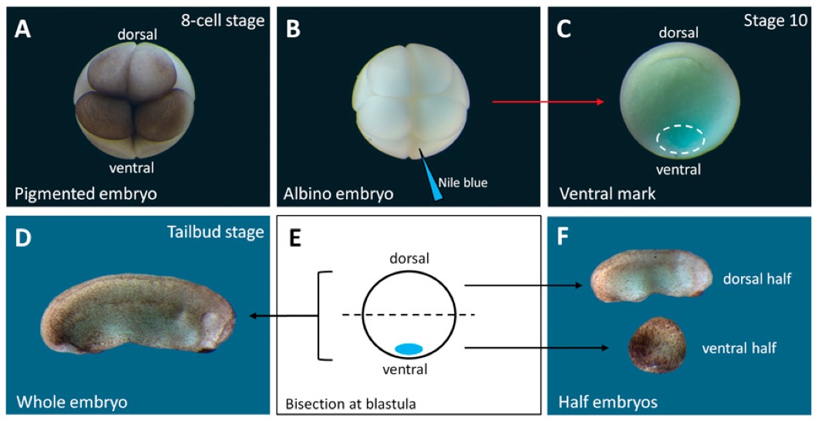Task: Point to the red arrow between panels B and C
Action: [547, 101]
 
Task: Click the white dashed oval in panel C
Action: [681, 139]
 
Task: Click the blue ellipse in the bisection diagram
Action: [409, 349]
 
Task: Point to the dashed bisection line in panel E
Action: [409, 315]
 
